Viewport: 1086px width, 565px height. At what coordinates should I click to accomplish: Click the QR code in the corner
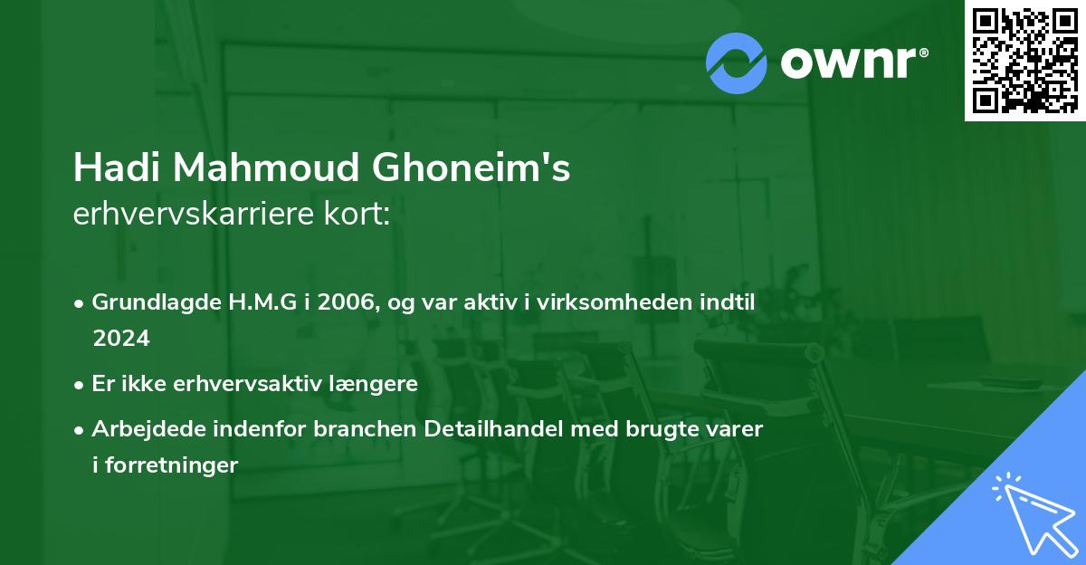tap(1024, 61)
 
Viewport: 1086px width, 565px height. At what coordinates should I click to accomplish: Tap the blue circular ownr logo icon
tap(737, 62)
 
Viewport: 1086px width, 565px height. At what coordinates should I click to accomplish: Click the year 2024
tap(120, 339)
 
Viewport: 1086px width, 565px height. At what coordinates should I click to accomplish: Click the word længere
tap(374, 384)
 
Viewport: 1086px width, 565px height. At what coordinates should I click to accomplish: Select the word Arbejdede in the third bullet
tap(140, 429)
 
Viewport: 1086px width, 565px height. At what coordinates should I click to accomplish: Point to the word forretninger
tap(175, 465)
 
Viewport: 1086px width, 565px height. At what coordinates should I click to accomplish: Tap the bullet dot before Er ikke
tap(81, 385)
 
